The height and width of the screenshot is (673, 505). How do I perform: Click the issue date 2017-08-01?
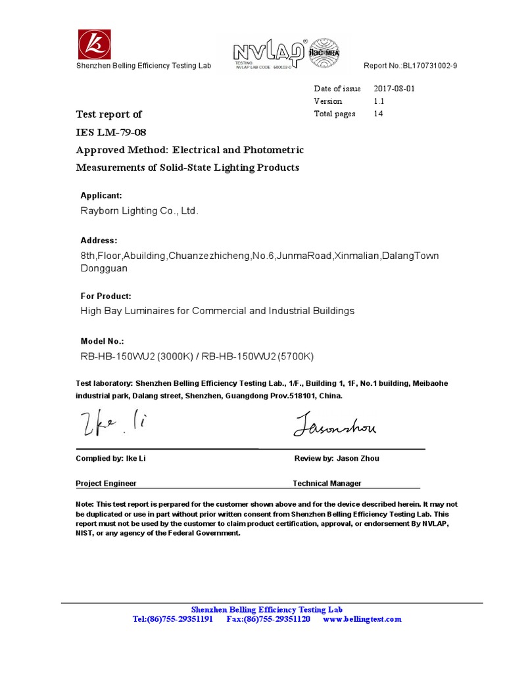(x=394, y=89)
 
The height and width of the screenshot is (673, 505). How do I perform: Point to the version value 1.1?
(x=379, y=101)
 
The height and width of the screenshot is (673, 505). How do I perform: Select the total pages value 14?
(x=378, y=114)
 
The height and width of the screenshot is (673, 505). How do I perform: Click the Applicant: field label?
(x=101, y=196)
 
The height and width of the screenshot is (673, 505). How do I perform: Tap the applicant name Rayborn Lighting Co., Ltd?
(x=139, y=211)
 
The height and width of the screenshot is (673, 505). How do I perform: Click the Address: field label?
(x=99, y=241)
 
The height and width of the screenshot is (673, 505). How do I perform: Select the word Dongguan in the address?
(x=104, y=268)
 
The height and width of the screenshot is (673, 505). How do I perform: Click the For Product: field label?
(x=105, y=296)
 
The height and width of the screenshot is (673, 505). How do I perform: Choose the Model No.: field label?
(x=102, y=342)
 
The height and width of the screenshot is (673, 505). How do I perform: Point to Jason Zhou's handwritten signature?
(x=335, y=425)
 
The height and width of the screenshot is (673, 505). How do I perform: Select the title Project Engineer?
(x=106, y=483)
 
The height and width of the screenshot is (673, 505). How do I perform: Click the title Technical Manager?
(x=327, y=483)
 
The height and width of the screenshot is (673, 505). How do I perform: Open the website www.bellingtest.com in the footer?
(x=362, y=619)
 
